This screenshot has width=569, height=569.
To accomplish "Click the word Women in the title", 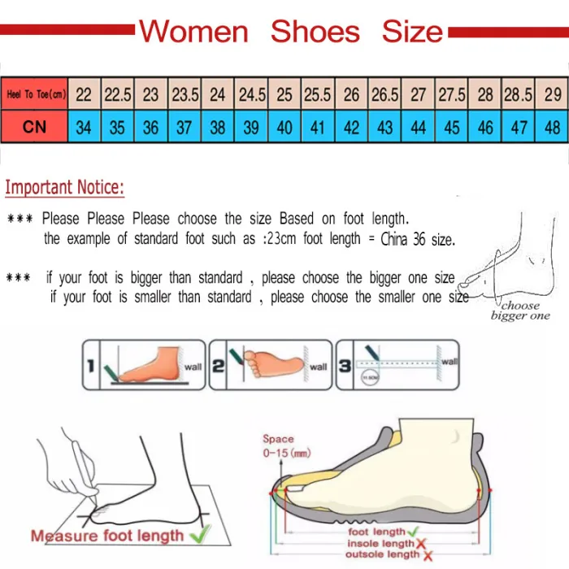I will click(193, 32).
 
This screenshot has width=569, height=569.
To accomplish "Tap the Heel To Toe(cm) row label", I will click(35, 95).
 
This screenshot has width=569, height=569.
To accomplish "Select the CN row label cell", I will click(35, 127).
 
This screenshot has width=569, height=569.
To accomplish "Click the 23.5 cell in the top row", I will click(185, 95).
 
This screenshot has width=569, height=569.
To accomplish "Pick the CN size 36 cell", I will click(151, 128).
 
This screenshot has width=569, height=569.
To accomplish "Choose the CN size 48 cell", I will click(553, 128).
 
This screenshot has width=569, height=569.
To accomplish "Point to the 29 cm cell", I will click(553, 95).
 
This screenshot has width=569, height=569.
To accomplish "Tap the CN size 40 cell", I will click(284, 128).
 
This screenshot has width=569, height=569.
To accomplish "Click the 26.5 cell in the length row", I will click(384, 95).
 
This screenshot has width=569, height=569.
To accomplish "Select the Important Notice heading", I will click(65, 189).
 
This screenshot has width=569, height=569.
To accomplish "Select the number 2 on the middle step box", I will click(218, 366).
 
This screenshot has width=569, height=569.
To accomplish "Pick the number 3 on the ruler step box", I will click(345, 366).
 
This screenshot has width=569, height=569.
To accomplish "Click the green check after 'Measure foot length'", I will click(199, 535).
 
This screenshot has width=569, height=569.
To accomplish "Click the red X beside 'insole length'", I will click(424, 544).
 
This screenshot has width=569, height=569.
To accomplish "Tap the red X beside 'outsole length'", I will click(428, 556).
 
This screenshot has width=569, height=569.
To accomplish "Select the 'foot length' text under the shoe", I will click(376, 532).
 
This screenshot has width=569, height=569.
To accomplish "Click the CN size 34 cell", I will click(84, 128).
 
